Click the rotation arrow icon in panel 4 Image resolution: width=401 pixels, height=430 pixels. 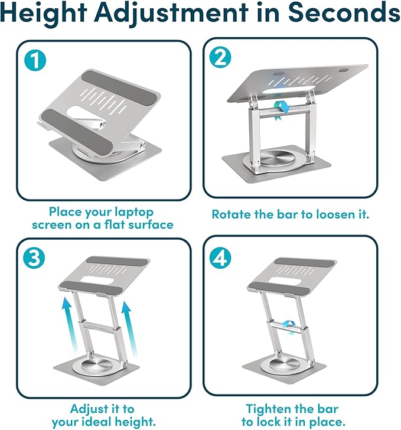point(290,326)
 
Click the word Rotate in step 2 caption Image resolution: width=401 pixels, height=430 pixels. point(232,214)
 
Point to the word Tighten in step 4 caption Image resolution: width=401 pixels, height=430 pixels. point(269,409)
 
